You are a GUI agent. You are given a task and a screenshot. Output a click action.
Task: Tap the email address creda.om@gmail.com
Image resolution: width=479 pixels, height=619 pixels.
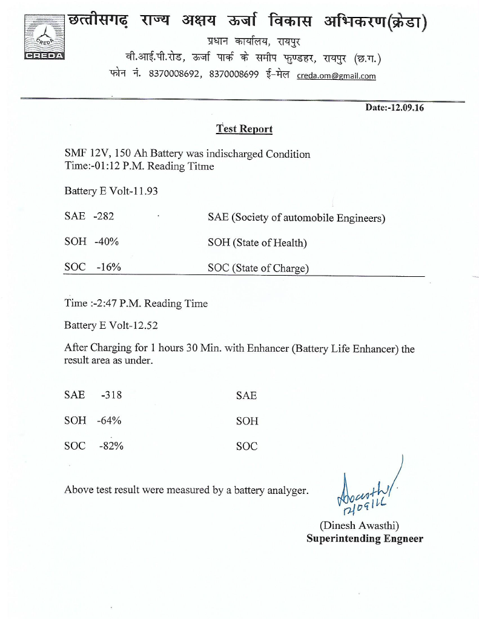[336, 76]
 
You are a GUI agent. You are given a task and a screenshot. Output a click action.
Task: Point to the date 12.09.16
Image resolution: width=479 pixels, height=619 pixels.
[405, 108]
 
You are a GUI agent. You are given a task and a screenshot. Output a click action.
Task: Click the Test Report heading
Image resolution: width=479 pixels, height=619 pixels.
[244, 129]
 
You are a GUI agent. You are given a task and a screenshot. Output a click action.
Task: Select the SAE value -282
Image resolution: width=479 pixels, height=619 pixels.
[104, 216]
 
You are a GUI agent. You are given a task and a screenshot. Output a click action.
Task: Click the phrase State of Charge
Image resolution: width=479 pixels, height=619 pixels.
[270, 268]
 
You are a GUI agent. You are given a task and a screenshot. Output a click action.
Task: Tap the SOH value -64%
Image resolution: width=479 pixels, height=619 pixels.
[110, 421]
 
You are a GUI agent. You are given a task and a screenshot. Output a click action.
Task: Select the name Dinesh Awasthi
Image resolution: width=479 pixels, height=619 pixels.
[359, 525]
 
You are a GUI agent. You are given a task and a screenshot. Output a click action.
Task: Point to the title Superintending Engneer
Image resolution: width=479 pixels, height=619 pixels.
[365, 539]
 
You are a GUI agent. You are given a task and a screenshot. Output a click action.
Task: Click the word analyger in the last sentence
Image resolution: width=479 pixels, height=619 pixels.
[284, 490]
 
